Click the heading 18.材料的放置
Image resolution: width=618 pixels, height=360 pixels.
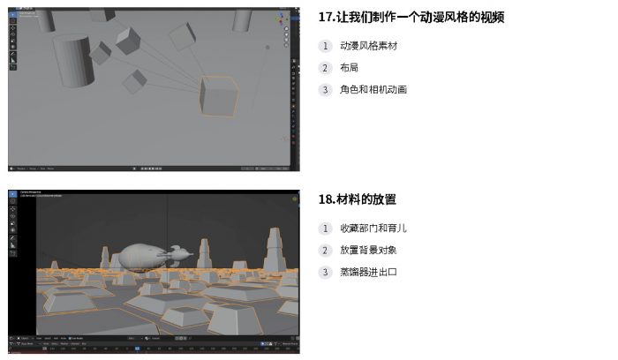point(358,199)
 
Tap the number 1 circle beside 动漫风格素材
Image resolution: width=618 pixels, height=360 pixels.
point(325,46)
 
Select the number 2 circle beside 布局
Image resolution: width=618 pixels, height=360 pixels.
point(325,68)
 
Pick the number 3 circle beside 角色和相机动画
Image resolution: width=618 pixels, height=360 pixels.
point(325,90)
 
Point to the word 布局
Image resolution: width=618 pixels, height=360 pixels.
point(349,68)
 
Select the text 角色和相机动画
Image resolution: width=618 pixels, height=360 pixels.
point(373,90)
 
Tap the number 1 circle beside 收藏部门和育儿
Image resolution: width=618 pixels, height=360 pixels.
point(325,229)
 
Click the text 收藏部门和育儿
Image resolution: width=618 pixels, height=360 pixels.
point(373,229)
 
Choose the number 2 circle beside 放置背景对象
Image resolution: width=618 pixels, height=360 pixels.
point(325,251)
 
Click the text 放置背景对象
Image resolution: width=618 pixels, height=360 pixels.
point(368,251)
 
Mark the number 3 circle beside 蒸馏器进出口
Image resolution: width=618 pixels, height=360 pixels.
point(325,273)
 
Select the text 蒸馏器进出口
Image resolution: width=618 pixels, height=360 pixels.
point(368,273)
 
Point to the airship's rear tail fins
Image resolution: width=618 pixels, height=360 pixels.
point(179,256)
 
